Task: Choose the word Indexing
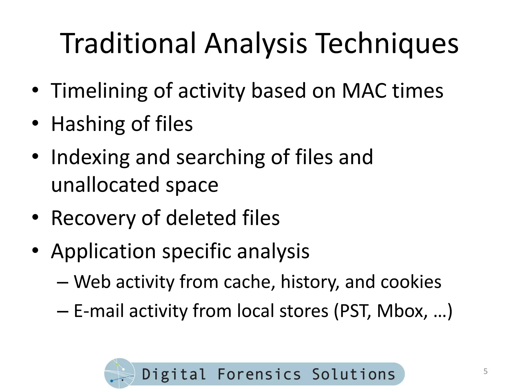point(90,158)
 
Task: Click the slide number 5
point(485,372)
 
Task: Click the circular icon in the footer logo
point(119,373)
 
